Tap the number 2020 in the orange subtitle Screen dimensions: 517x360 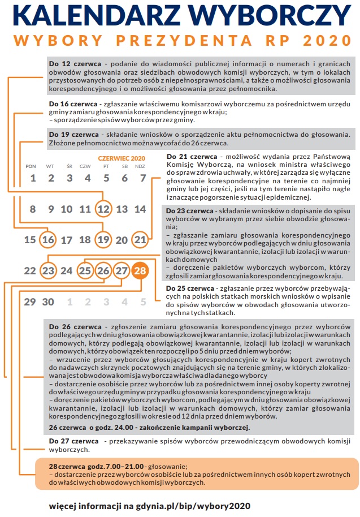[319, 41]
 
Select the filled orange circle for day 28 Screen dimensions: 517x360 [140, 271]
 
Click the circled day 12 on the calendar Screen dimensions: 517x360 [103, 209]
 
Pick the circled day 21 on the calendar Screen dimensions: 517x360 [140, 240]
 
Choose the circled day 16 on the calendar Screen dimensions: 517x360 [49, 240]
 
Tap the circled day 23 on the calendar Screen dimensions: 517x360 [49, 271]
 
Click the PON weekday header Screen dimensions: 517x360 [31, 166]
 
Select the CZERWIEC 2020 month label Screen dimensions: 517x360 [122, 158]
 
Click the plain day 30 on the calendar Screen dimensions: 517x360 [49, 301]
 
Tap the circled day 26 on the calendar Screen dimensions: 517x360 [103, 271]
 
